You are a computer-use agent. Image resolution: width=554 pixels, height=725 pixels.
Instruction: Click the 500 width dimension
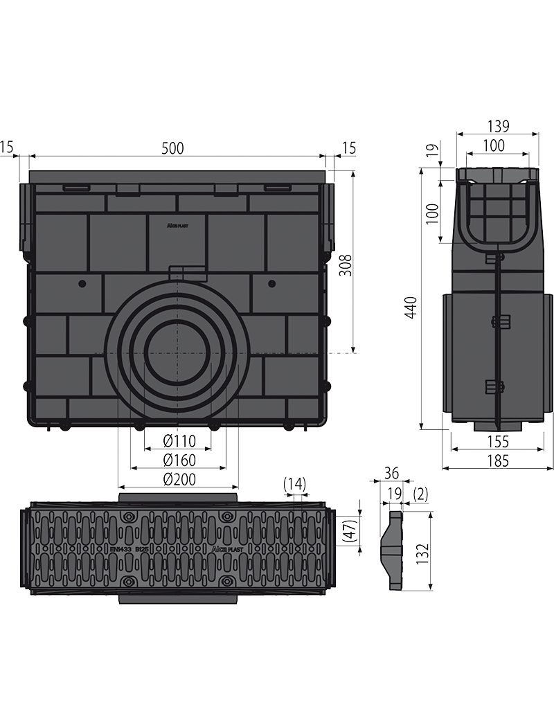click(172, 147)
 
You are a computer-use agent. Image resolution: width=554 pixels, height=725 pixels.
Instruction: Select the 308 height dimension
click(346, 265)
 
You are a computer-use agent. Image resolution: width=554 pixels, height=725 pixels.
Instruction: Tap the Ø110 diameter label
click(179, 440)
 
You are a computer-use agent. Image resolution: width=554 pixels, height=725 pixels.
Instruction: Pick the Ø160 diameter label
click(179, 460)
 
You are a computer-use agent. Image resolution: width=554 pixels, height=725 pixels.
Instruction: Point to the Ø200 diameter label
click(179, 479)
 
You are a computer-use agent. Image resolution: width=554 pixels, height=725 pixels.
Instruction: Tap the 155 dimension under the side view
click(497, 441)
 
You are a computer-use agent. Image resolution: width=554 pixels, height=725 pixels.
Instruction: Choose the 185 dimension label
click(497, 460)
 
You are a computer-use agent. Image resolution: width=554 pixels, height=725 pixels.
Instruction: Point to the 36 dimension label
click(392, 474)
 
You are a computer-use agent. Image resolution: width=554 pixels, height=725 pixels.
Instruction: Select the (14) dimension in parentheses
click(294, 484)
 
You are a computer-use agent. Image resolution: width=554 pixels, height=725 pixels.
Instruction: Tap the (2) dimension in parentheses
click(420, 494)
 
